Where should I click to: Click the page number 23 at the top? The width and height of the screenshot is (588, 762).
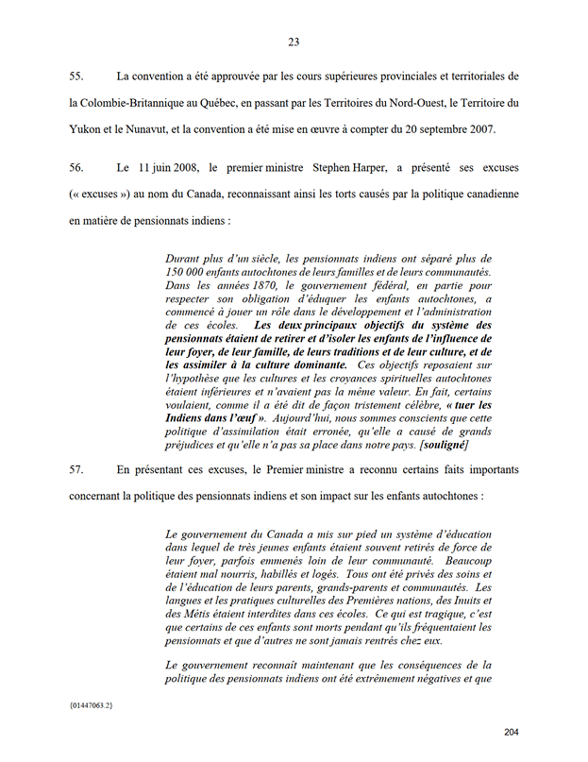click(x=294, y=42)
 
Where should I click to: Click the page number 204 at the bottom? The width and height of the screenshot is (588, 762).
click(x=512, y=733)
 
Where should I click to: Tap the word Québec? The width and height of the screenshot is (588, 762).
click(x=224, y=102)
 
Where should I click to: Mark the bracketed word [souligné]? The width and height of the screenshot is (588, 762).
click(x=438, y=444)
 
